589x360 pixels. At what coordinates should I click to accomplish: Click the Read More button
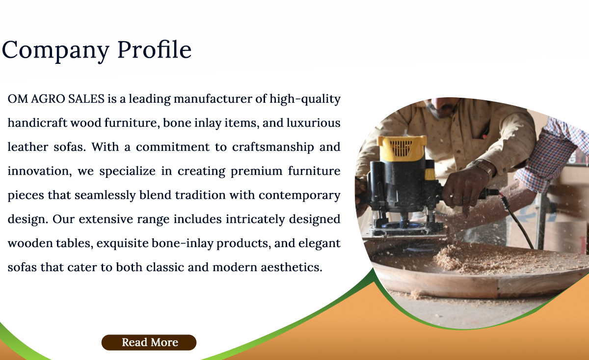click(x=149, y=342)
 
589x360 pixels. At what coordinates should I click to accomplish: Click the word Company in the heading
click(x=55, y=51)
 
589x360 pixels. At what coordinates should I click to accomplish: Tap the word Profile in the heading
click(x=155, y=49)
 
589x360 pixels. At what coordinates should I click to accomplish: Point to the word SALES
click(x=86, y=99)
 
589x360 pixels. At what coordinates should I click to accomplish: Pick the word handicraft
click(x=37, y=123)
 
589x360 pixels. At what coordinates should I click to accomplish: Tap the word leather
click(x=28, y=147)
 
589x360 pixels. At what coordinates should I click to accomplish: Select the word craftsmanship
click(x=273, y=147)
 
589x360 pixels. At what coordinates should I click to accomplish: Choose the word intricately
click(x=255, y=220)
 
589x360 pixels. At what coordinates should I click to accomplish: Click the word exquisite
click(x=123, y=244)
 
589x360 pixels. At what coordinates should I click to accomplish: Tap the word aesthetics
click(x=292, y=267)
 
